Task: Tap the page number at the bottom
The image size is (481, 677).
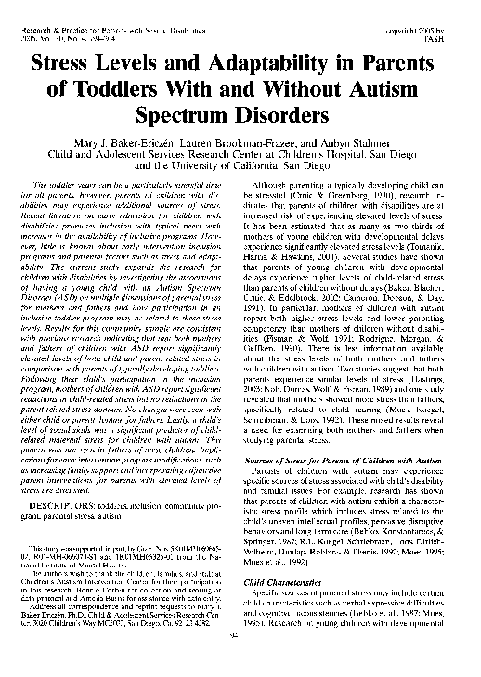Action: tap(239, 662)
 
